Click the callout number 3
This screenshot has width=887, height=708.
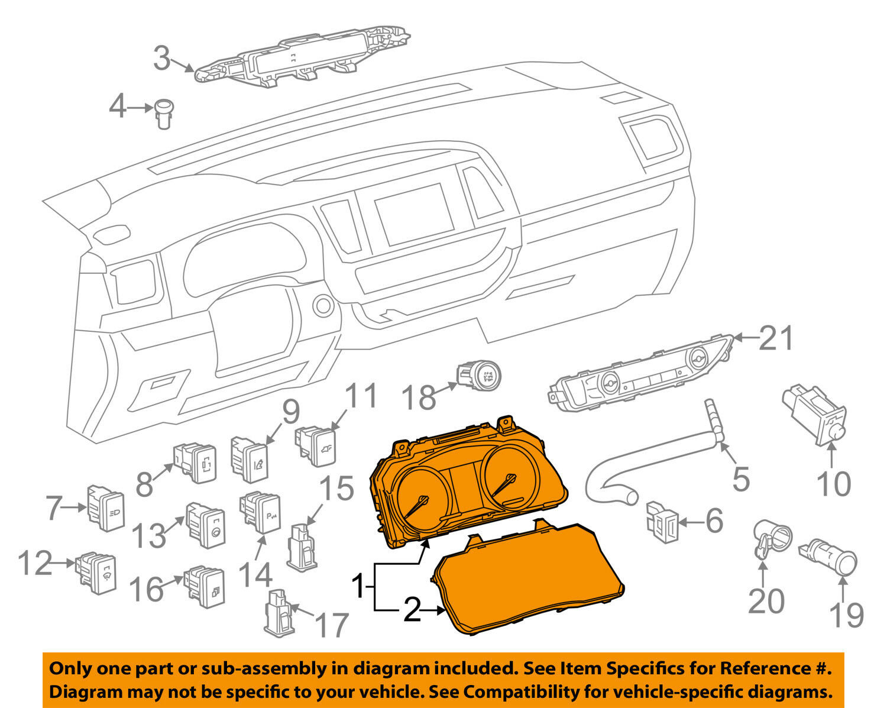click(161, 58)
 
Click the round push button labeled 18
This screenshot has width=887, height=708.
click(479, 379)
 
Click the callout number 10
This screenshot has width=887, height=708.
click(833, 484)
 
